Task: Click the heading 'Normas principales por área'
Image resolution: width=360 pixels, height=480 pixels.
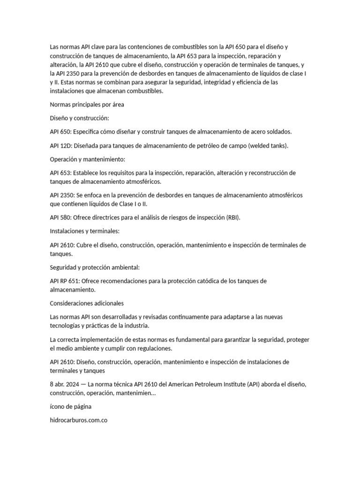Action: pyautogui.click(x=87, y=105)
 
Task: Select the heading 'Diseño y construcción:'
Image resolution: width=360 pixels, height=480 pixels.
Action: pyautogui.click(x=79, y=119)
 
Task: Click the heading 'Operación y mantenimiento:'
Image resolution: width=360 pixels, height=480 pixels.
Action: pyautogui.click(x=88, y=159)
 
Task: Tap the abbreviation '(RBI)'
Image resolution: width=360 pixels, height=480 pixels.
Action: pyautogui.click(x=233, y=218)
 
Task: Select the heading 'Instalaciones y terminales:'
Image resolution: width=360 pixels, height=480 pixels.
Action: pyautogui.click(x=85, y=232)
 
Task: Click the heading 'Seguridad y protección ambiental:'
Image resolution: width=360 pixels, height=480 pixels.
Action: pyautogui.click(x=95, y=267)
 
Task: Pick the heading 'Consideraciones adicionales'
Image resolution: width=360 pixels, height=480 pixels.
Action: pyautogui.click(x=87, y=303)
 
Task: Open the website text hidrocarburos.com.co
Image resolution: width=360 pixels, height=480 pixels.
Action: pyautogui.click(x=79, y=420)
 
